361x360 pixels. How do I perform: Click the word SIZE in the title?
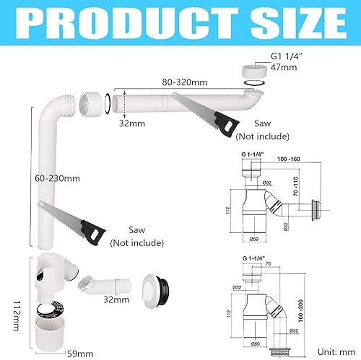click(290, 25)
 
